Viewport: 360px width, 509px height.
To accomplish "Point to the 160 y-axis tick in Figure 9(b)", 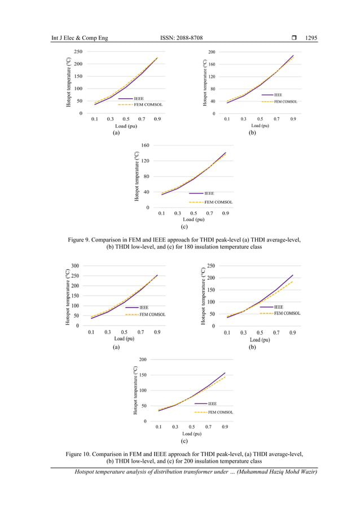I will pos(212,64).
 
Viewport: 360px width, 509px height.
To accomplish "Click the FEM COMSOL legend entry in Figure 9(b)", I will pos(285,102).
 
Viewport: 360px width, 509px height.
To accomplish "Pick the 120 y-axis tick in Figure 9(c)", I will pos(145,161).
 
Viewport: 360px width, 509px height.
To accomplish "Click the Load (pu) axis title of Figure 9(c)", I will pos(192,219).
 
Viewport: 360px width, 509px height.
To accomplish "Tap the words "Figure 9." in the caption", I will pos(84,240).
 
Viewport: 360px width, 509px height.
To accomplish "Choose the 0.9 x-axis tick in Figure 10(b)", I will pos(293,333).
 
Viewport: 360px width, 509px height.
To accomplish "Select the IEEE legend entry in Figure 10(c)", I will pos(212,403).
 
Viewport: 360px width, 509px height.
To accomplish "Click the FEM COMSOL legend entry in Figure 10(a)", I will pos(152,314).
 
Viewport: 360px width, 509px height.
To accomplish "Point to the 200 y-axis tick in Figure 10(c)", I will pos(143,359).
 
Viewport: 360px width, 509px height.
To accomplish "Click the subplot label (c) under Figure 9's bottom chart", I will pos(184,227).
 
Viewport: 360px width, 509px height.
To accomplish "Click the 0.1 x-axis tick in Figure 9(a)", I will pos(94,119).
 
